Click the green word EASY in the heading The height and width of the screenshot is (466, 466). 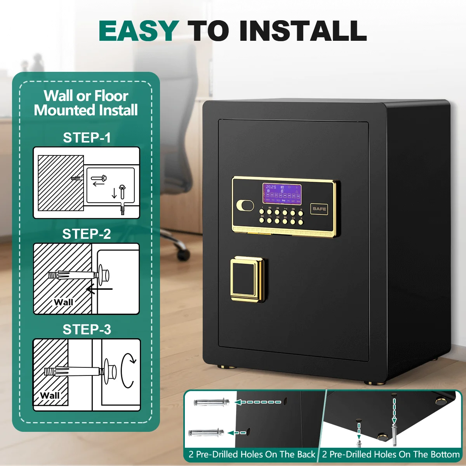[139, 31]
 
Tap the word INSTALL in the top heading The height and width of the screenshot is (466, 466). [303, 31]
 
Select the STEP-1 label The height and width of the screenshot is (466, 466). [87, 138]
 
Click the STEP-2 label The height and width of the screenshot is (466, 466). [87, 234]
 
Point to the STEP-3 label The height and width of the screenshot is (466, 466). [87, 330]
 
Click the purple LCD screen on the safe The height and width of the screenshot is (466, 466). [282, 193]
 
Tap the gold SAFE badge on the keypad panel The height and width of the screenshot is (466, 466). [319, 209]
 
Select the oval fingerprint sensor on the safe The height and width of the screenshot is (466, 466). [245, 205]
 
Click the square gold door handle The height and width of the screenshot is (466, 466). [247, 279]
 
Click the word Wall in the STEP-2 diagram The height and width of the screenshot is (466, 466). [63, 302]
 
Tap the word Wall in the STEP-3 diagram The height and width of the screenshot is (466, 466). [50, 395]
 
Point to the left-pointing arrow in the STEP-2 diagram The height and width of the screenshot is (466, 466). [99, 289]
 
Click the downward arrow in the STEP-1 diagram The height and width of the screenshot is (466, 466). [114, 193]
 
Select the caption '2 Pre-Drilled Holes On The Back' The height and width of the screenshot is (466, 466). [252, 454]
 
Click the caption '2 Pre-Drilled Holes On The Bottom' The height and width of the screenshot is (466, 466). [391, 454]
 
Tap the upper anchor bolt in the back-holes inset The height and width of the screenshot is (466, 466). [211, 402]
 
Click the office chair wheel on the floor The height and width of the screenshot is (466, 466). [183, 254]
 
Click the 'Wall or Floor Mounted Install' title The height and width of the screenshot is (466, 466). [86, 103]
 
